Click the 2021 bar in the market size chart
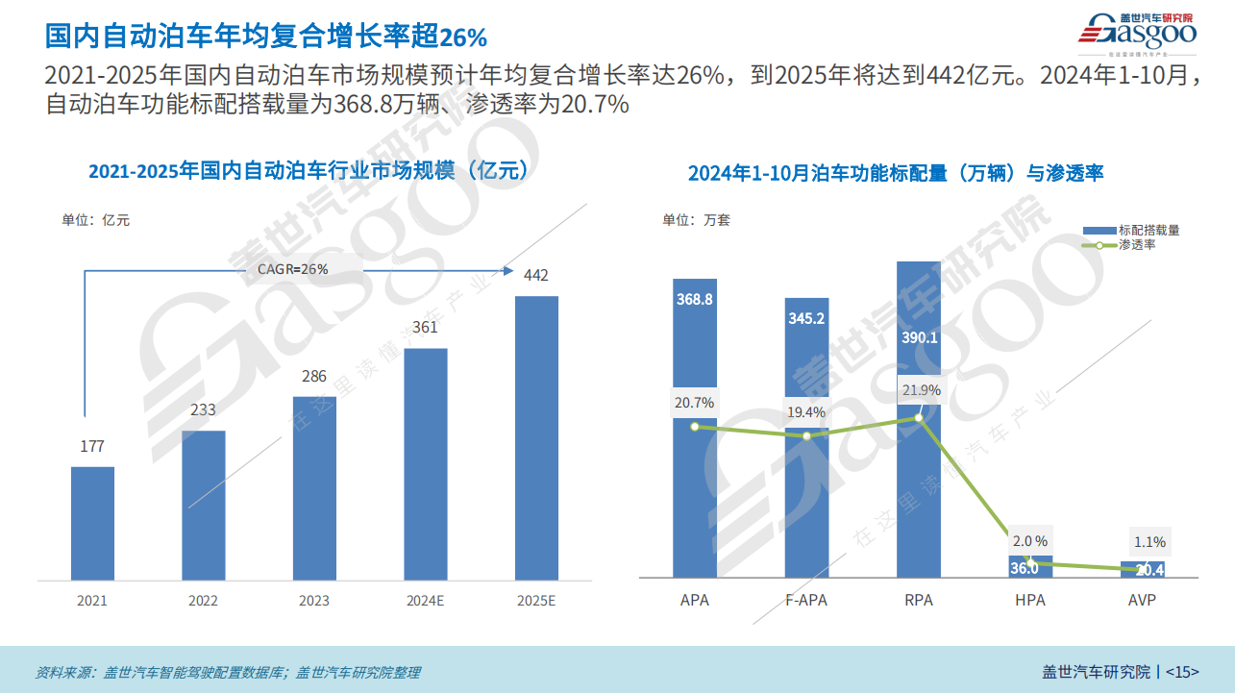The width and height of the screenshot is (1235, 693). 92,523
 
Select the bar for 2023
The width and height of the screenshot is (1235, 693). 314,488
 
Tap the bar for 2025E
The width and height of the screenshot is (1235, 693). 536,437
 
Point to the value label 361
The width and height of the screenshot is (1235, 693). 425,327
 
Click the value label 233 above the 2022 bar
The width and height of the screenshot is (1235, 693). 203,409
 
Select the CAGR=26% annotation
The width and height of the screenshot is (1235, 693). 293,269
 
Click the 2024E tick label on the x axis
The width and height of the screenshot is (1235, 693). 425,601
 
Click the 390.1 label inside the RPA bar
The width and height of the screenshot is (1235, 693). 918,337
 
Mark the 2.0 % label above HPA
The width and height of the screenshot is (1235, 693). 1030,541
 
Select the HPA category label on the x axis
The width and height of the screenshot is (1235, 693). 1029,601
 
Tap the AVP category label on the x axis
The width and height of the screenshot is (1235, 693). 1142,601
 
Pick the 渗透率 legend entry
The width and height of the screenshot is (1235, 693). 1137,245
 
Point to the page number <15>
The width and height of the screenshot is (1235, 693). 1182,672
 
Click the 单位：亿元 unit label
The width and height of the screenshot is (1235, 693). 96,220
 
